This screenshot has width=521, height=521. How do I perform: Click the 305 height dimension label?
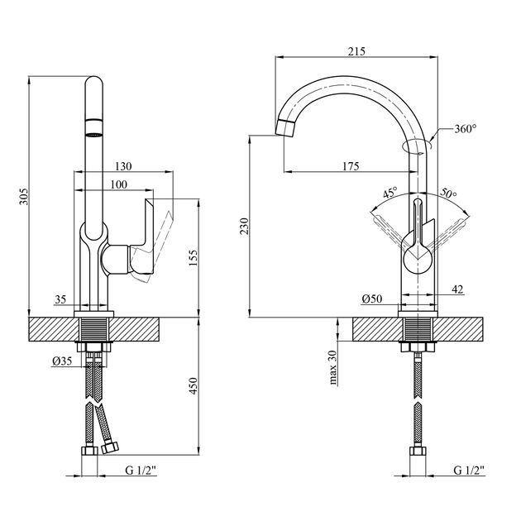[x=24, y=196]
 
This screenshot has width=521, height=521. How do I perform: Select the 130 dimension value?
[x=125, y=165]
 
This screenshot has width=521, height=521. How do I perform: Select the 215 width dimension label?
[x=356, y=51]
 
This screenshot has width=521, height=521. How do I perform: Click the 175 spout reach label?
[x=349, y=166]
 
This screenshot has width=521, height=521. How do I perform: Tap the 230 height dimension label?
[x=243, y=227]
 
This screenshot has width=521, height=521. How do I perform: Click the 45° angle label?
[x=390, y=194]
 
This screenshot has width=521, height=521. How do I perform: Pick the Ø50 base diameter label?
[x=371, y=298]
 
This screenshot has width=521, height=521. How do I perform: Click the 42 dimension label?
[x=456, y=288]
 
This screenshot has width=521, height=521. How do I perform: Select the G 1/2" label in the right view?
[x=469, y=471]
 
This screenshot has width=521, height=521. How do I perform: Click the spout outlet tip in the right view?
[x=284, y=127]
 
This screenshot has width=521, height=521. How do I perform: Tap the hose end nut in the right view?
[x=418, y=454]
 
